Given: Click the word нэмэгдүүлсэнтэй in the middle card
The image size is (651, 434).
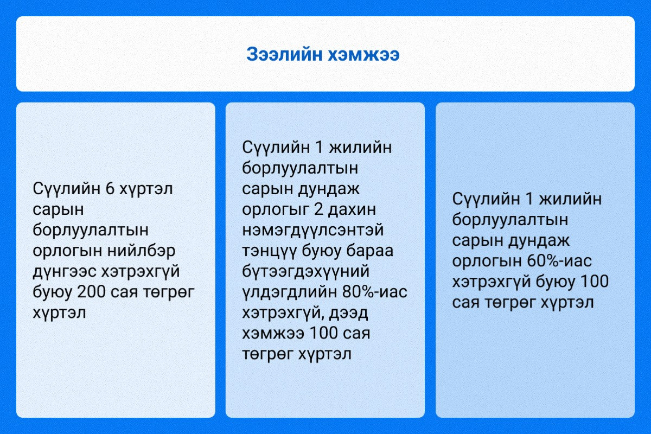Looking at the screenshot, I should pyautogui.click(x=313, y=230).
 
